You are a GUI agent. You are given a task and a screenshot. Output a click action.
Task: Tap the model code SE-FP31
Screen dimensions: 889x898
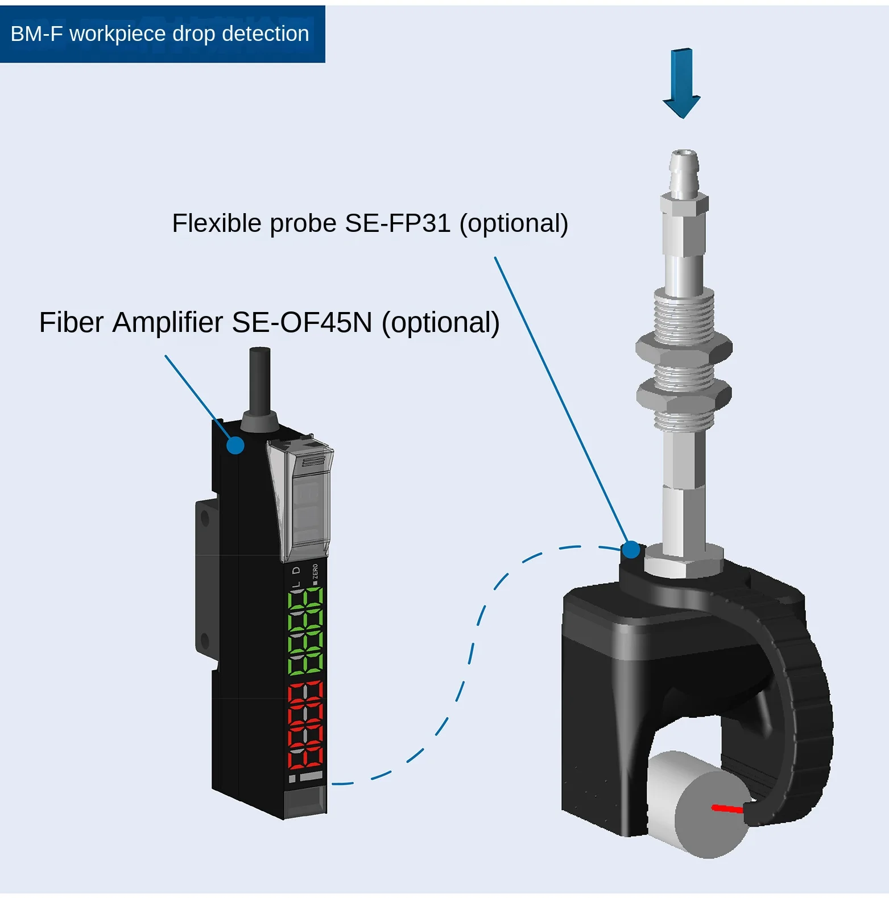tap(398, 223)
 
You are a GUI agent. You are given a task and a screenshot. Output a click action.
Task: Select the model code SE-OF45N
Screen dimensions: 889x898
tap(301, 323)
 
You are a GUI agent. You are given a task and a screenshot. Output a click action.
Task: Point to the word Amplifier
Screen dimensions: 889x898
tap(167, 323)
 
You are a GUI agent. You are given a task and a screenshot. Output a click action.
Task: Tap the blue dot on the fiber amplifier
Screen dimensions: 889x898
tap(235, 445)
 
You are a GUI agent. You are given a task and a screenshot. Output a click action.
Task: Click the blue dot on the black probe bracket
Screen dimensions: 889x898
tap(631, 550)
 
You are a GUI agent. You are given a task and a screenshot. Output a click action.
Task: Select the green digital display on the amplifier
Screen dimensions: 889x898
tap(306, 631)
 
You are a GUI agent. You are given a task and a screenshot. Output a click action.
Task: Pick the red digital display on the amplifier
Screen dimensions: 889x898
tap(306, 725)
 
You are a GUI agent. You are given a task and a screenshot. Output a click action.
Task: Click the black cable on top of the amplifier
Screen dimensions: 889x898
tap(259, 381)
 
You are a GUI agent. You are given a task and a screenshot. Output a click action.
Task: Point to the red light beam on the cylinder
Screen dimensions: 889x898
tap(727, 808)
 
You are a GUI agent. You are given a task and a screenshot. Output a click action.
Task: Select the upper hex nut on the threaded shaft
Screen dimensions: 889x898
tap(684, 347)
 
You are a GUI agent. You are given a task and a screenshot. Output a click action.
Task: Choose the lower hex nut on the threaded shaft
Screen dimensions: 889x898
tap(684, 394)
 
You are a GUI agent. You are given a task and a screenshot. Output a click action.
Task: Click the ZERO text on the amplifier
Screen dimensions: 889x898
tap(315, 572)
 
